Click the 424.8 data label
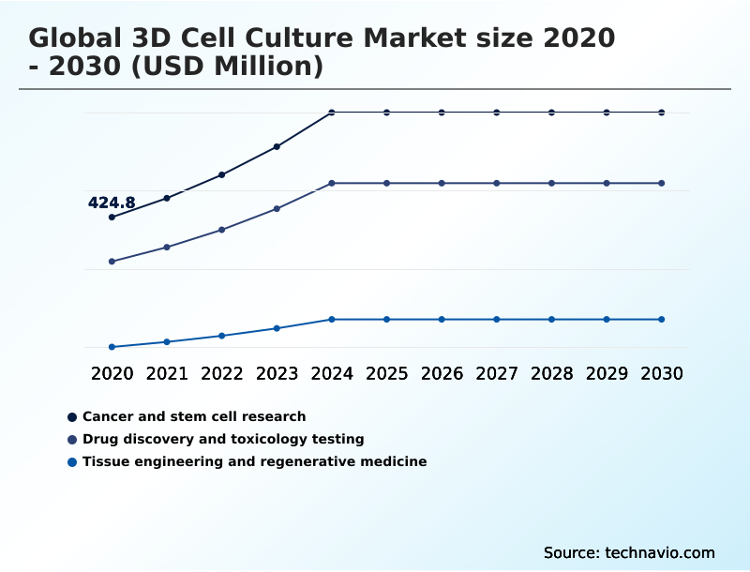[x=112, y=203]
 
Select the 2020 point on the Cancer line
[x=112, y=217]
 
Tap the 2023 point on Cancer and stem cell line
[x=277, y=146]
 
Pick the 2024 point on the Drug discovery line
[x=332, y=183]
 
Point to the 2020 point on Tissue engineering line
[x=112, y=347]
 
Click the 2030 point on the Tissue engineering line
[x=662, y=319]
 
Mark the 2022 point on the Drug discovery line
[x=222, y=229]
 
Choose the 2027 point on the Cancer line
[x=497, y=113]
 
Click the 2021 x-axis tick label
[x=167, y=373]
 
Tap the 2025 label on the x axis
[x=386, y=373]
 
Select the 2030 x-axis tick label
[x=662, y=373]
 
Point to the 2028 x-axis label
[x=551, y=373]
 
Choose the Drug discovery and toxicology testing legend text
[x=223, y=439]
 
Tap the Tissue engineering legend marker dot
[x=72, y=461]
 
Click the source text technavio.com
[x=660, y=552]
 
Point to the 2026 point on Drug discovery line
[x=442, y=183]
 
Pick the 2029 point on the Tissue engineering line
[x=607, y=319]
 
